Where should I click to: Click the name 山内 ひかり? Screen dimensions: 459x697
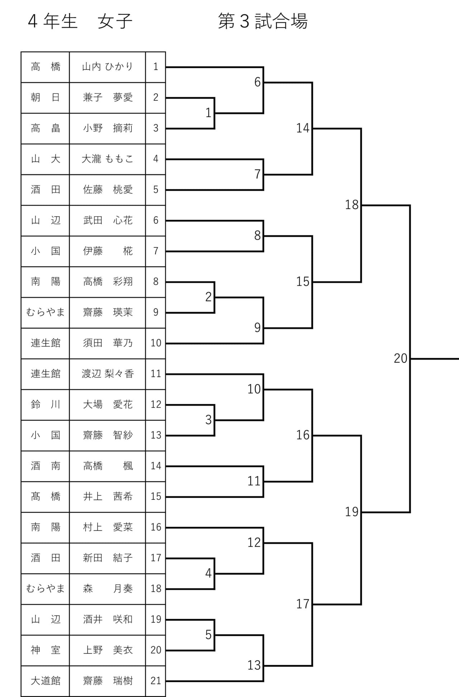tap(108, 67)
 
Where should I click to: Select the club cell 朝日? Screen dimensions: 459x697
tap(45, 98)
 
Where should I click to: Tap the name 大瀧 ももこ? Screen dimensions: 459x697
tap(108, 159)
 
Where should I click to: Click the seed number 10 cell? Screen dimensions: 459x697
tap(156, 343)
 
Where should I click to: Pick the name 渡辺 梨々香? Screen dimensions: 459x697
tap(108, 374)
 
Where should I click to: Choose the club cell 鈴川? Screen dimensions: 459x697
tap(45, 404)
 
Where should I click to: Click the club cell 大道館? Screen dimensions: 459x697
tap(45, 681)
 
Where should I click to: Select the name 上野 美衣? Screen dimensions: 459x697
tap(108, 650)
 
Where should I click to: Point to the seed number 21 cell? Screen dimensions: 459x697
tap(156, 681)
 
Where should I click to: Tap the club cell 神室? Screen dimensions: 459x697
tap(45, 650)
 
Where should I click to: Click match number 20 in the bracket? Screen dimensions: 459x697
tap(401, 358)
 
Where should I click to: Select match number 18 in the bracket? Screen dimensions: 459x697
tap(352, 205)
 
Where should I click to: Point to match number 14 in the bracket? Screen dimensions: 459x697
tap(303, 128)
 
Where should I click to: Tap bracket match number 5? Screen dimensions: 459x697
tap(208, 635)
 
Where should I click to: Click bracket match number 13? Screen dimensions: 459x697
tap(254, 665)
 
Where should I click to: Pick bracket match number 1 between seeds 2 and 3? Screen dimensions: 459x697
tap(208, 113)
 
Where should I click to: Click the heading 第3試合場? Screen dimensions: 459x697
tap(263, 21)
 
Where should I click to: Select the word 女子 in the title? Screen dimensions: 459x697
tap(115, 21)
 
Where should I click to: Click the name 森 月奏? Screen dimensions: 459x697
tap(108, 589)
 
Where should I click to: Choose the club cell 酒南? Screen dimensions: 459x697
tap(45, 466)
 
